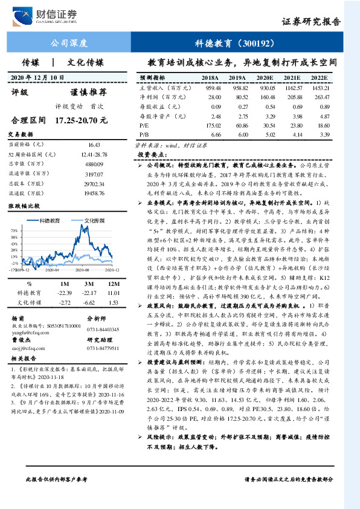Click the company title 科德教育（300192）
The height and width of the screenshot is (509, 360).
pos(230,44)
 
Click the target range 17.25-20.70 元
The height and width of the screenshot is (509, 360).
pos(80,120)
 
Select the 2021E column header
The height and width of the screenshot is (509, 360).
pos(292,79)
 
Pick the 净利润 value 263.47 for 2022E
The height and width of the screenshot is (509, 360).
pos(321,97)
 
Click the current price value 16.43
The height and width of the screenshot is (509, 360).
pos(94,144)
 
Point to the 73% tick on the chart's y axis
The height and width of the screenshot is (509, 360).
pos(14,232)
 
